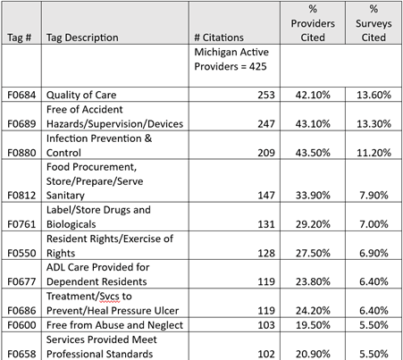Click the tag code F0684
(x=21, y=94)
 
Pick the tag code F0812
(x=21, y=193)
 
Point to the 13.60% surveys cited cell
(x=376, y=94)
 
